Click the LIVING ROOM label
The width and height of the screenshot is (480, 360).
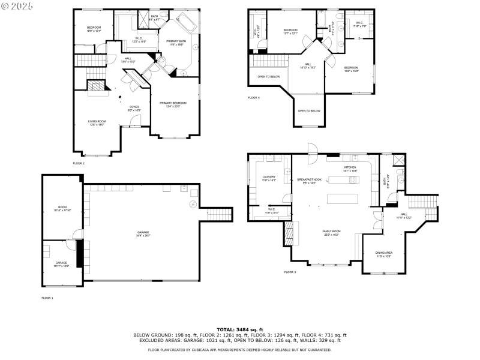(97, 121)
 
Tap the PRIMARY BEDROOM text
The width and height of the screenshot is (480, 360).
(173, 103)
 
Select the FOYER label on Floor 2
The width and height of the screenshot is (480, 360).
(134, 107)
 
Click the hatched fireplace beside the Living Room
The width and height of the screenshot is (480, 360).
(95, 87)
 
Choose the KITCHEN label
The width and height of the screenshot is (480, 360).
(350, 167)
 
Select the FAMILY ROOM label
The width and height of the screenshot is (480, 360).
(331, 231)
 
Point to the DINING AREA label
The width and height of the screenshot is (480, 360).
(384, 253)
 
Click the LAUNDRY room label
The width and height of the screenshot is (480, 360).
(268, 177)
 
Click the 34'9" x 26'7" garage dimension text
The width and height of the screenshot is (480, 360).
(143, 236)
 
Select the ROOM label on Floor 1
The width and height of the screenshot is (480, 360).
(62, 208)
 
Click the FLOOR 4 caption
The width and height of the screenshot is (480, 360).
(254, 97)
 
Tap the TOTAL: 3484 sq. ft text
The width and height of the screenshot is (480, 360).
(239, 329)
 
